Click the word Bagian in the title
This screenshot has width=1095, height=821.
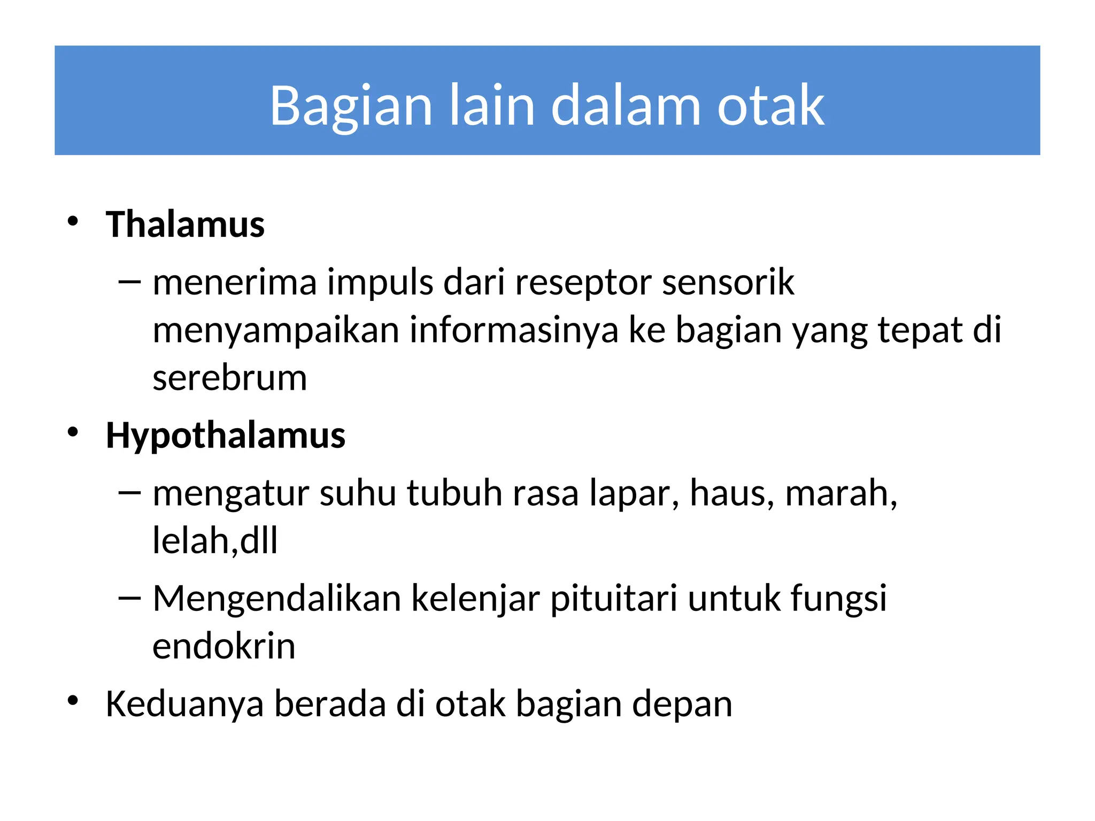click(351, 106)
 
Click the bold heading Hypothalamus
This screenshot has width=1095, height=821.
click(226, 435)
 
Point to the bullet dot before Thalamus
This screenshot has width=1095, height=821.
click(73, 221)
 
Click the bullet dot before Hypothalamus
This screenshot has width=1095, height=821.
click(73, 431)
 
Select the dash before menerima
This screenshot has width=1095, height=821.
click(129, 281)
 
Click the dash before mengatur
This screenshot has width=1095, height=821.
click(129, 492)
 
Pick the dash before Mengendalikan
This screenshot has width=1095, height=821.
click(129, 597)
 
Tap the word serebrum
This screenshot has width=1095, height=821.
click(230, 378)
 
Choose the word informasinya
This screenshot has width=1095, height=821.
click(514, 330)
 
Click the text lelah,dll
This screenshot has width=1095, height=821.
click(215, 540)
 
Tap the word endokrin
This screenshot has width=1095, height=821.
click(224, 646)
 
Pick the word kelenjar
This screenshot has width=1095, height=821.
click(475, 599)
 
